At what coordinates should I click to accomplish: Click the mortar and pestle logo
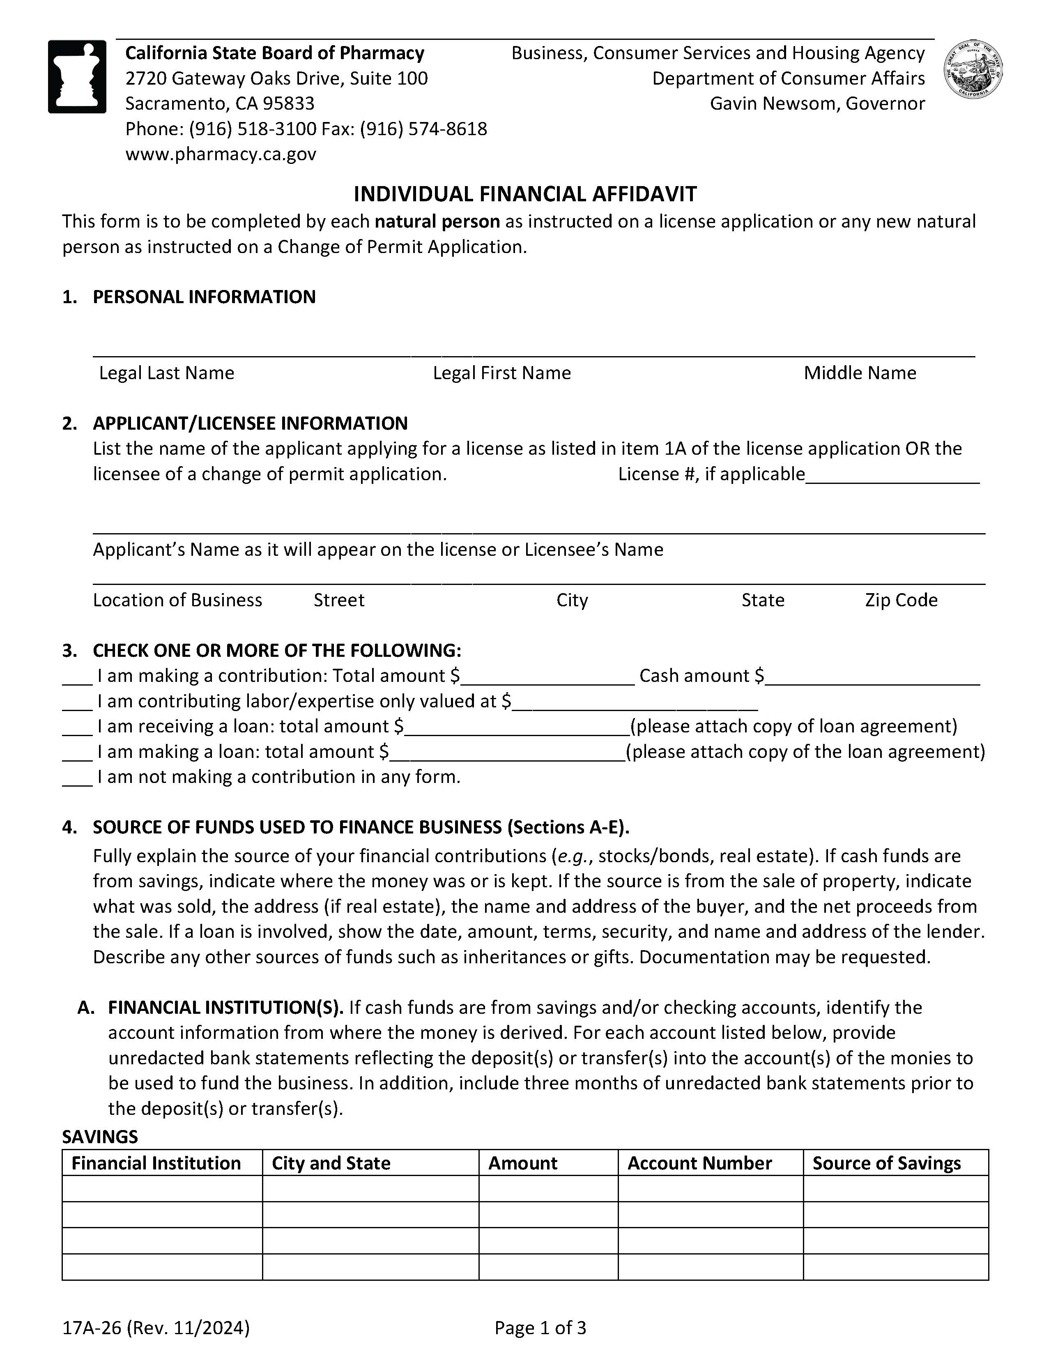[x=77, y=76]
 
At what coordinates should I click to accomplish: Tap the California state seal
[x=973, y=69]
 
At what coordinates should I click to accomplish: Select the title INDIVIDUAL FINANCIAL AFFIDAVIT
[x=525, y=194]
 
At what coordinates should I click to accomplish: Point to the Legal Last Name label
[x=166, y=373]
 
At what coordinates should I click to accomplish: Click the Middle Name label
[x=860, y=373]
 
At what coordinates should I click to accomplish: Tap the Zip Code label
[x=901, y=600]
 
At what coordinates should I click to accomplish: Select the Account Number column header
[x=699, y=1163]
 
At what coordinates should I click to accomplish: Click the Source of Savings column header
[x=886, y=1163]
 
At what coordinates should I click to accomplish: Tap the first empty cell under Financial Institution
[x=162, y=1189]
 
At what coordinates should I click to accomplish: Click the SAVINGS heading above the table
[x=100, y=1136]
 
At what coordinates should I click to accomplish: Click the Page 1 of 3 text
[x=540, y=1328]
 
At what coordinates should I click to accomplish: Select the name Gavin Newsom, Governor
[x=816, y=104]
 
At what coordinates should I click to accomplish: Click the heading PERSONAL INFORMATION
[x=204, y=297]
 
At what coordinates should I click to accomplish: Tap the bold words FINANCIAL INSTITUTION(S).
[x=225, y=1008]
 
